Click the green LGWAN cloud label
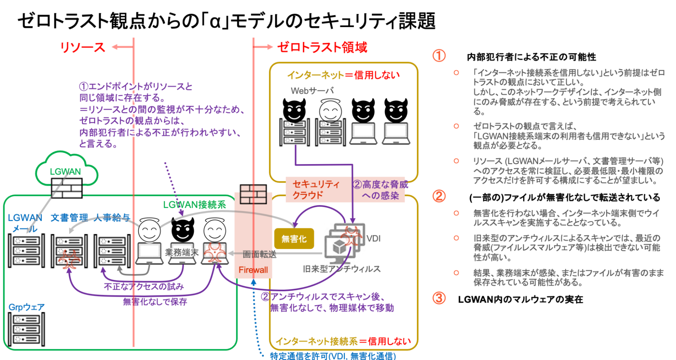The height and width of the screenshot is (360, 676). [65, 172]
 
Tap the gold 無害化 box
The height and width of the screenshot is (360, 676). [294, 239]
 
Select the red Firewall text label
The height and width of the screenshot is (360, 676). [253, 270]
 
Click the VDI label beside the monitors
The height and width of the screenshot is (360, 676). [373, 239]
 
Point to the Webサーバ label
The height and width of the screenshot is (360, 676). [312, 91]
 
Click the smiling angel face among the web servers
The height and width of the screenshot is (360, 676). [330, 111]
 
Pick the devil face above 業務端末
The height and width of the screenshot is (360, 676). [183, 230]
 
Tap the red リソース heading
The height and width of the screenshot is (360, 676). [83, 47]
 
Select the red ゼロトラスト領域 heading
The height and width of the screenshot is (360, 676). [322, 47]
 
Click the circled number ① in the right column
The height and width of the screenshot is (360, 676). [439, 56]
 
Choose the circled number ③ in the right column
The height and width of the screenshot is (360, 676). [439, 298]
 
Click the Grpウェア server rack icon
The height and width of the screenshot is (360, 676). [26, 329]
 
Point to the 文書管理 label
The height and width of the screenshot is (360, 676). [69, 218]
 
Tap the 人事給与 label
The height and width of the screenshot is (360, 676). [112, 218]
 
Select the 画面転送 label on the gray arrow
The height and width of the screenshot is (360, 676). [259, 254]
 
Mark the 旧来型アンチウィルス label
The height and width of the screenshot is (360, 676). [342, 269]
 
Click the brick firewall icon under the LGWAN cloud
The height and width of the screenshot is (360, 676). [67, 188]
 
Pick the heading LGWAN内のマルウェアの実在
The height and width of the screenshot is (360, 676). [520, 299]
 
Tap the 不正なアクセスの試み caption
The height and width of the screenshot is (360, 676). [144, 287]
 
